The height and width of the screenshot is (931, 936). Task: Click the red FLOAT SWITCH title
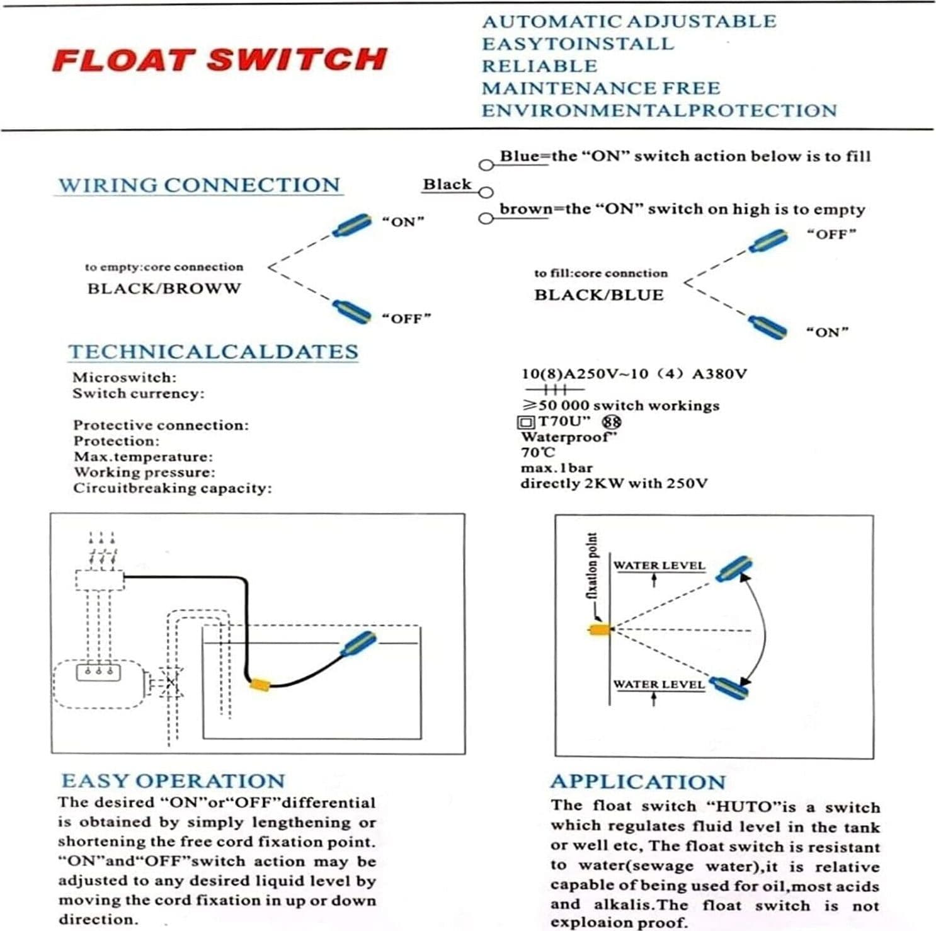pyautogui.click(x=219, y=59)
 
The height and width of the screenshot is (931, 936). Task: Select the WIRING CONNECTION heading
pyautogui.click(x=199, y=185)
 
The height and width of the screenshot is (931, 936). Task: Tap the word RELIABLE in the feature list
pyautogui.click(x=540, y=66)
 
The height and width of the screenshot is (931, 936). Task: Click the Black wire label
pyautogui.click(x=447, y=185)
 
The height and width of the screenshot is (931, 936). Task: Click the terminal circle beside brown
pyautogui.click(x=486, y=219)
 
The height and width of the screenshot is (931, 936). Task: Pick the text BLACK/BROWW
pyautogui.click(x=164, y=288)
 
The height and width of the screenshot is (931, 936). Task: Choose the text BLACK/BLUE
pyautogui.click(x=599, y=295)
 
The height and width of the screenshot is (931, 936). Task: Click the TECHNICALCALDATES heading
pyautogui.click(x=214, y=351)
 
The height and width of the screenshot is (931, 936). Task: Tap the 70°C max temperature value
pyautogui.click(x=538, y=452)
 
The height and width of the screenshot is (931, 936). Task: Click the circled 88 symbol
pyautogui.click(x=611, y=421)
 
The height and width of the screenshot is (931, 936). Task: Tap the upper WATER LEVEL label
pyautogui.click(x=659, y=565)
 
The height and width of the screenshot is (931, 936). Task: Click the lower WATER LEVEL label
pyautogui.click(x=659, y=684)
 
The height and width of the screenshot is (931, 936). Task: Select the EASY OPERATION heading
pyautogui.click(x=173, y=781)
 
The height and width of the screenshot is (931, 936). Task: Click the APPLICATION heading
pyautogui.click(x=638, y=782)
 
